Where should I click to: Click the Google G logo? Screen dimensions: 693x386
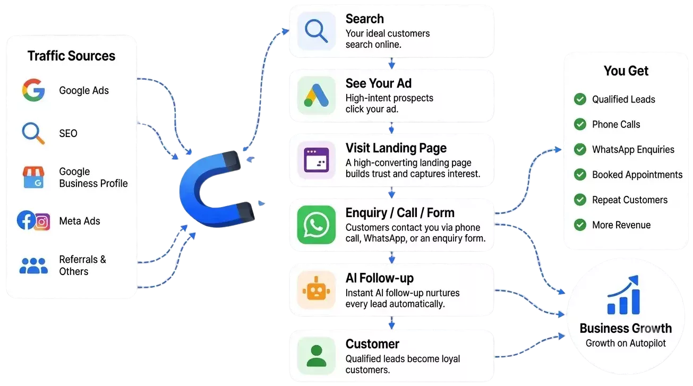33,90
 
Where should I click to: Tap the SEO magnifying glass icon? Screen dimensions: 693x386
33,133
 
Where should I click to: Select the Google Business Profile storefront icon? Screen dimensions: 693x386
33,177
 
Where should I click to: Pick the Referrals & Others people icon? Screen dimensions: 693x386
33,265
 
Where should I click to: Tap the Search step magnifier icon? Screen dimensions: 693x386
316,31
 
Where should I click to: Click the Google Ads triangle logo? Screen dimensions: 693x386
316,96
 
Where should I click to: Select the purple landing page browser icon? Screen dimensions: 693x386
316,160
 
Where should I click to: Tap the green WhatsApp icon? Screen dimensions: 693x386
316,225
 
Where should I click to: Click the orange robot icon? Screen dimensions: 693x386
316,289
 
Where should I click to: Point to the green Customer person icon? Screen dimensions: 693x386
316,356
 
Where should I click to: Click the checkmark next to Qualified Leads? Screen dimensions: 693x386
580,99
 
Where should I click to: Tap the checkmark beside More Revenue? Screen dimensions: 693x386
580,225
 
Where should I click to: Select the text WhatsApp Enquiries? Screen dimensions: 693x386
633,150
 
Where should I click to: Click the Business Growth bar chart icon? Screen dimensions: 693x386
623,295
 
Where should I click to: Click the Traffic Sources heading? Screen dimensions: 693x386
71,56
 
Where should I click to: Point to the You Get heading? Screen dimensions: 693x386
626,71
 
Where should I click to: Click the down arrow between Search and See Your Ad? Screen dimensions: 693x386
392,63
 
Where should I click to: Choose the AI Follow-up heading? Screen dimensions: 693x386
380,278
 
